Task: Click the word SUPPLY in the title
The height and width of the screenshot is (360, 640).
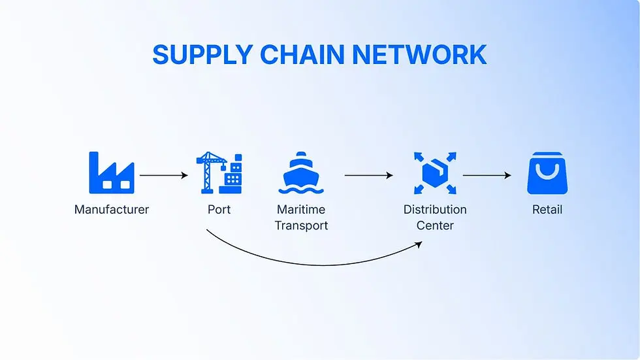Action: (203, 55)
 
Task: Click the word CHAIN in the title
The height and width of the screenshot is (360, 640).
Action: (302, 55)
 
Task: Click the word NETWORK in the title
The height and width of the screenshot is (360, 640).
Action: (419, 55)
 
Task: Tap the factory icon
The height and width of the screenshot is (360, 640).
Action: (112, 172)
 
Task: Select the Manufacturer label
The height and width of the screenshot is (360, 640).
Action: (112, 209)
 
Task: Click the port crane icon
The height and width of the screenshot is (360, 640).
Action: (219, 172)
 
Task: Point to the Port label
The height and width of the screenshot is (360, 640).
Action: (219, 209)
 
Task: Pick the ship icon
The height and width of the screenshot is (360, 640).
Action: (301, 172)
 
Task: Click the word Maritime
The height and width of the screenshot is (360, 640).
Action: (301, 209)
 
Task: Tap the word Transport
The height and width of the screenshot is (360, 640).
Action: (301, 225)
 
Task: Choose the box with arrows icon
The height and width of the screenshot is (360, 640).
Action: (435, 173)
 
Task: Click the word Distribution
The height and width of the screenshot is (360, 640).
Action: (435, 209)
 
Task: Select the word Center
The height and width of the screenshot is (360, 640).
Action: (435, 225)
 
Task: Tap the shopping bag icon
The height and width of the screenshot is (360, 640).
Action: (547, 173)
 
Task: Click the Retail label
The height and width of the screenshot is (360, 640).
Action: (547, 209)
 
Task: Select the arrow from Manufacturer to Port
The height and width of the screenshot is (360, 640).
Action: (164, 175)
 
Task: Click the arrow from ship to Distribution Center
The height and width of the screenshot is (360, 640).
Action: (368, 175)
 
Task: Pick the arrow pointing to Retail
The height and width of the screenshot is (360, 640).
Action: (487, 175)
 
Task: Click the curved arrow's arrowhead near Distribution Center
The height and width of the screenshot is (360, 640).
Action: (419, 244)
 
